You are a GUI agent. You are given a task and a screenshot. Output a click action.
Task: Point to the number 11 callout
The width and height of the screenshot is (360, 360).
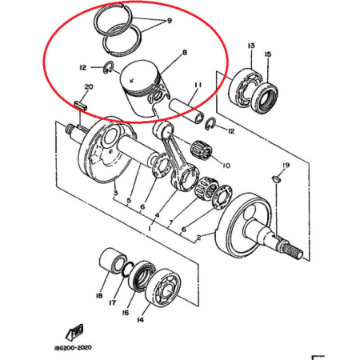198,85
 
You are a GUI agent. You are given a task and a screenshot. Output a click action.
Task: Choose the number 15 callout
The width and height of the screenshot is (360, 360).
268,54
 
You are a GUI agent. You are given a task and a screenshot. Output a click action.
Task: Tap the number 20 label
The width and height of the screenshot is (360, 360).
88,86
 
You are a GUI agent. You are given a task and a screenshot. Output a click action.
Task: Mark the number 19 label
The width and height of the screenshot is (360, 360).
286,165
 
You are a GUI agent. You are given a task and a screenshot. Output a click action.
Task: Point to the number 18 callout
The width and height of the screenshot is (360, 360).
99,296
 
